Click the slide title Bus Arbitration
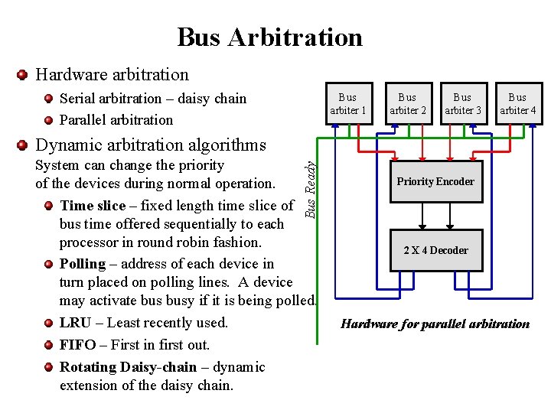(269, 37)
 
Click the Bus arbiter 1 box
(347, 103)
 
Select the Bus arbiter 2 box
(407, 103)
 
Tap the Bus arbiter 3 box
(462, 103)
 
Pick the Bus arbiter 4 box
(517, 103)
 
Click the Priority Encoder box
(435, 182)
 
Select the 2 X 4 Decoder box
(436, 250)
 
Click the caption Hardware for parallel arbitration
(435, 324)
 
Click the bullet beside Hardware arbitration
(22, 75)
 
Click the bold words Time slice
(93, 206)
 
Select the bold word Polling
(83, 264)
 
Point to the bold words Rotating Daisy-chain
(128, 367)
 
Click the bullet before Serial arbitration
(49, 99)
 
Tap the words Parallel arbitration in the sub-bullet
(116, 120)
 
